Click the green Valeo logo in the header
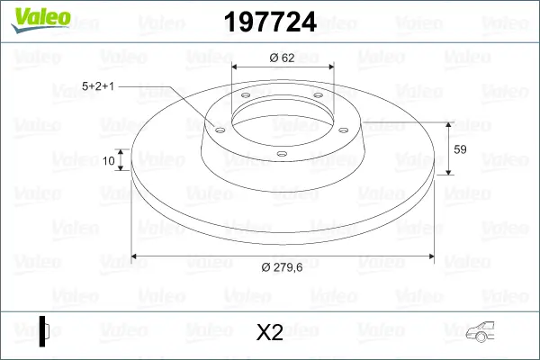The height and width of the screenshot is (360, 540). coord(40,20)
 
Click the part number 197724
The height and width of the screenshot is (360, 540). coord(270,22)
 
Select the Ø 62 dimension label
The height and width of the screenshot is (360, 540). coord(282,58)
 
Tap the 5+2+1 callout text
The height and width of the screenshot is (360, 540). coord(98,86)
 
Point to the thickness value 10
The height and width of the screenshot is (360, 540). coord(109,160)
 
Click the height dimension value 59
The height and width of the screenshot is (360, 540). coord(460,149)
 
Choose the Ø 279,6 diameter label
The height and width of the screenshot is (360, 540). coord(282,267)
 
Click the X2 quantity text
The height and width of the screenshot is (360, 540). coord(270,332)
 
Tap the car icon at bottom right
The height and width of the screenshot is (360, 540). coord(480,332)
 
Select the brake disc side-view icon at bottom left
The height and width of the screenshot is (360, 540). coord(44,331)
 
